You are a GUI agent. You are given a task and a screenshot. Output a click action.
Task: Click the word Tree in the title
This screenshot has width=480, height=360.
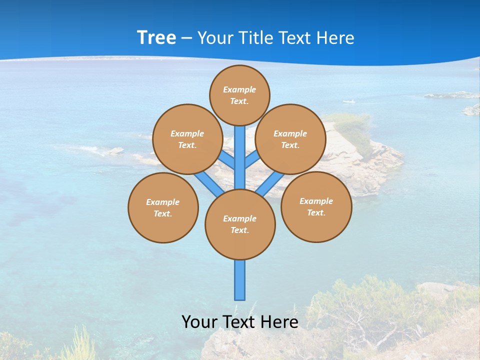tap(156, 38)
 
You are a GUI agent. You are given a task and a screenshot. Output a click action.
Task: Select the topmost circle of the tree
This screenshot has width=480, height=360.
tap(239, 95)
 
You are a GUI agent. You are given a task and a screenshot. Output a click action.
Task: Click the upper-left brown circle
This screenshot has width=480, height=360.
tap(187, 139)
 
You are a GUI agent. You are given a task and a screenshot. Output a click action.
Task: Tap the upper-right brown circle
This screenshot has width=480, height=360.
tap(290, 139)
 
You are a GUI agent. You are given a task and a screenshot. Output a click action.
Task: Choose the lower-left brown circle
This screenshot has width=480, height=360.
tap(163, 207)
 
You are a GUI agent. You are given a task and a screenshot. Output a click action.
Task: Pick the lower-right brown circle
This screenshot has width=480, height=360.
tap(316, 206)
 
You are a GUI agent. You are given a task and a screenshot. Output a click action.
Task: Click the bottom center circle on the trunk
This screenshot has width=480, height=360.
tap(240, 224)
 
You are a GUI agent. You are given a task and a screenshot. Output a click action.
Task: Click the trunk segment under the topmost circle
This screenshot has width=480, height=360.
tap(240, 150)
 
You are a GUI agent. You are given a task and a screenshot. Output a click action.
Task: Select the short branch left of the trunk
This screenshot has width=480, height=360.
tap(227, 160)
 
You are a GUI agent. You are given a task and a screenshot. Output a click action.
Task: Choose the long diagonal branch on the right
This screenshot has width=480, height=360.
tap(270, 183)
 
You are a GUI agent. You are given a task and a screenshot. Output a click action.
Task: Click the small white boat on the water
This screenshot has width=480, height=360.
tap(349, 101)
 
